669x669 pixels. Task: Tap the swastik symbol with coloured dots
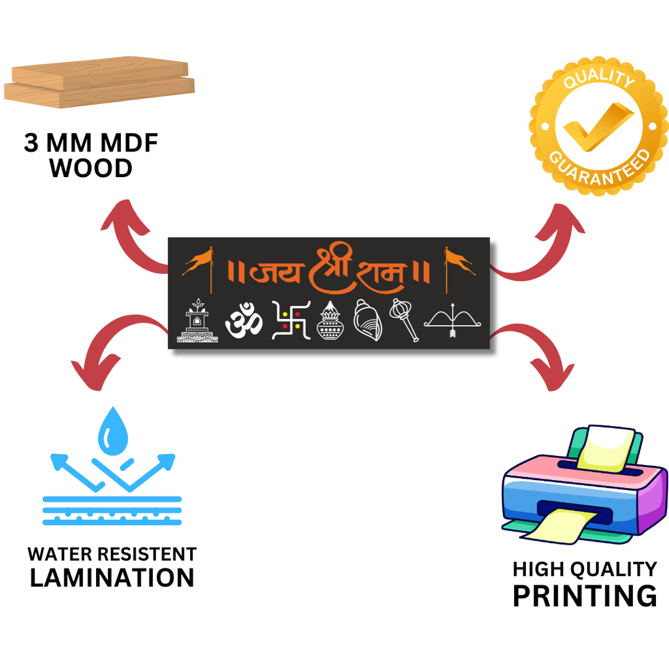click(x=290, y=320)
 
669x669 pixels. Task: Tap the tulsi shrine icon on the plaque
click(x=197, y=321)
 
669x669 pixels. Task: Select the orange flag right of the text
click(x=459, y=261)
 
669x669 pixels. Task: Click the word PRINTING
click(x=584, y=596)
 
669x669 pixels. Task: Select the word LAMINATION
click(x=112, y=578)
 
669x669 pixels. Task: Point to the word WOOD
click(x=91, y=169)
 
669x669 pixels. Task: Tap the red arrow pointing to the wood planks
click(x=131, y=235)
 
